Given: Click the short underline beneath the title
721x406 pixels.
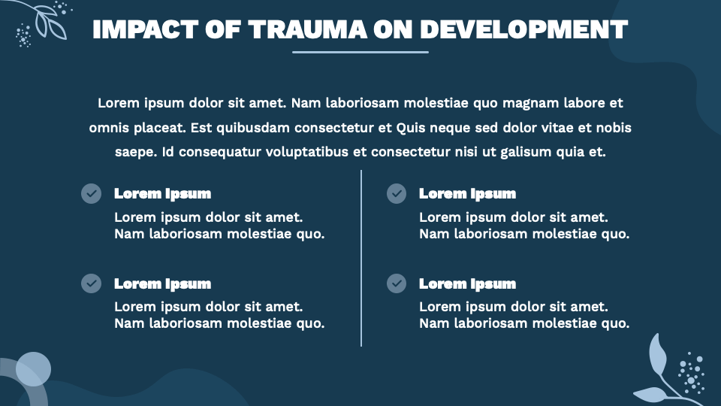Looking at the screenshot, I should click(x=360, y=52).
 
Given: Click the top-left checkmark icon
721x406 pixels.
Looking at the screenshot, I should click(x=91, y=194).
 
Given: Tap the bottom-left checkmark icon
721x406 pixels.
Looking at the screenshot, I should click(x=91, y=283).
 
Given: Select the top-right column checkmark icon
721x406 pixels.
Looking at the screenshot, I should click(x=397, y=194).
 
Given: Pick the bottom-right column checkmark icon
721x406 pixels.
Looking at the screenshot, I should click(x=397, y=283).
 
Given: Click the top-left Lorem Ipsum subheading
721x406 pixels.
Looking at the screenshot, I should click(x=162, y=194).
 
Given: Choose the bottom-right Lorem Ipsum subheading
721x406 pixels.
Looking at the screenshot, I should click(x=467, y=283).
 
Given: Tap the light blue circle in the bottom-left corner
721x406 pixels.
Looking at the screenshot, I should click(x=34, y=369).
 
